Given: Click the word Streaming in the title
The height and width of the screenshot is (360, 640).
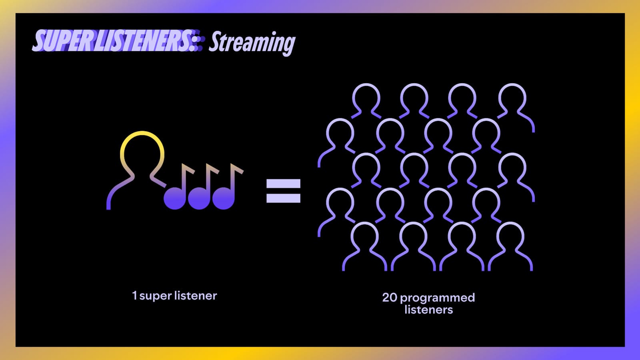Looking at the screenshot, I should point(252,42).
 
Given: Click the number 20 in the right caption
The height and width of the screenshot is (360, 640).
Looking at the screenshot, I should point(390,298).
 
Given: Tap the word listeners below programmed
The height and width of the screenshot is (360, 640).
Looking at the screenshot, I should point(428,310).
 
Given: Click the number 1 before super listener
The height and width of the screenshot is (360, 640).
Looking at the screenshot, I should point(134,296).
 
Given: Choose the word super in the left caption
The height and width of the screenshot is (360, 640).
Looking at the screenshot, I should point(156,296).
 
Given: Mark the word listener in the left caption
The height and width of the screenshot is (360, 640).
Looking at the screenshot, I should point(196,296).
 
